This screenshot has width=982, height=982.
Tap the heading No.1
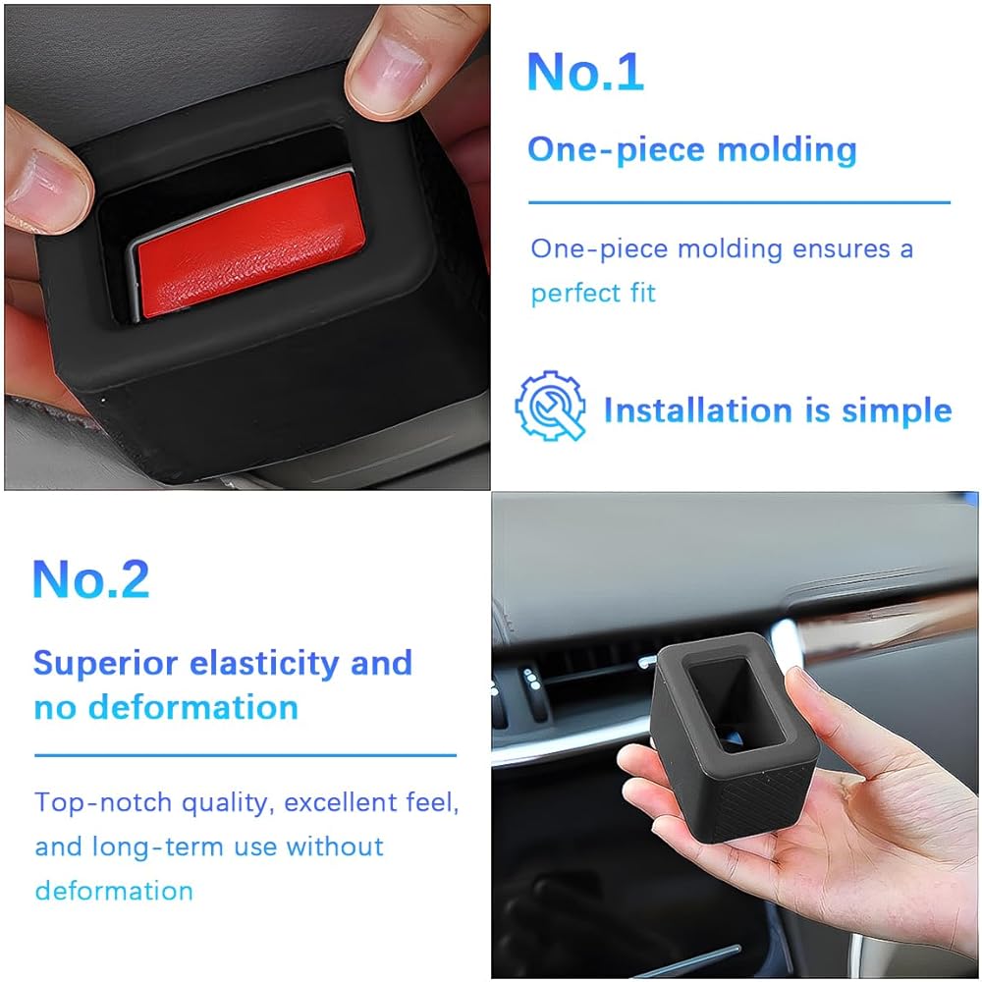click(585, 72)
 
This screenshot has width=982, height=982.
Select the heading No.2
click(90, 578)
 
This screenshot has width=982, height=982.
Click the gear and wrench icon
click(551, 406)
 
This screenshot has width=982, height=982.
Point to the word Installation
click(698, 410)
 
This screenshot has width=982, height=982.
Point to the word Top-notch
click(103, 803)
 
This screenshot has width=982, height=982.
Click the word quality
click(228, 804)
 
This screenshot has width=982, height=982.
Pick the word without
click(335, 846)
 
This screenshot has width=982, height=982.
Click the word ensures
click(842, 249)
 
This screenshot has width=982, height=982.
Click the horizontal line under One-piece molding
click(739, 202)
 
